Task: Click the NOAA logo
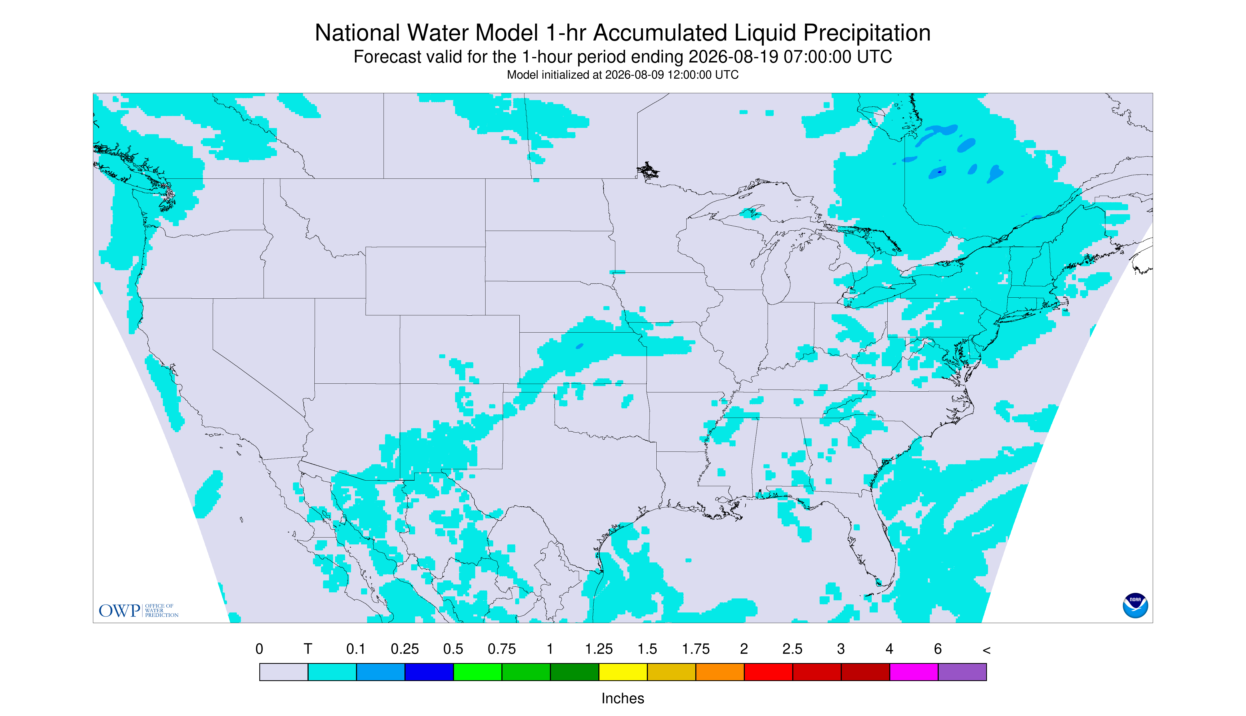[1135, 605]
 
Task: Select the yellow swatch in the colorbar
[623, 672]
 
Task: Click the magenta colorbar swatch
[914, 672]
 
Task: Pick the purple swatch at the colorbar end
[962, 672]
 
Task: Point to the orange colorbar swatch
[720, 672]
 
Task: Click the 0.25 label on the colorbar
[405, 649]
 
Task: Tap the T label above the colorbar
[308, 649]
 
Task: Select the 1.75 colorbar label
[696, 649]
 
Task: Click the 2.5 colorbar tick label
[793, 649]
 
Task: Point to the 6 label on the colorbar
[938, 649]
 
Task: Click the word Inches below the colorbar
[623, 698]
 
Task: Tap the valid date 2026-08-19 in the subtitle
[733, 57]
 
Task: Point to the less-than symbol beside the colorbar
[986, 650]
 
